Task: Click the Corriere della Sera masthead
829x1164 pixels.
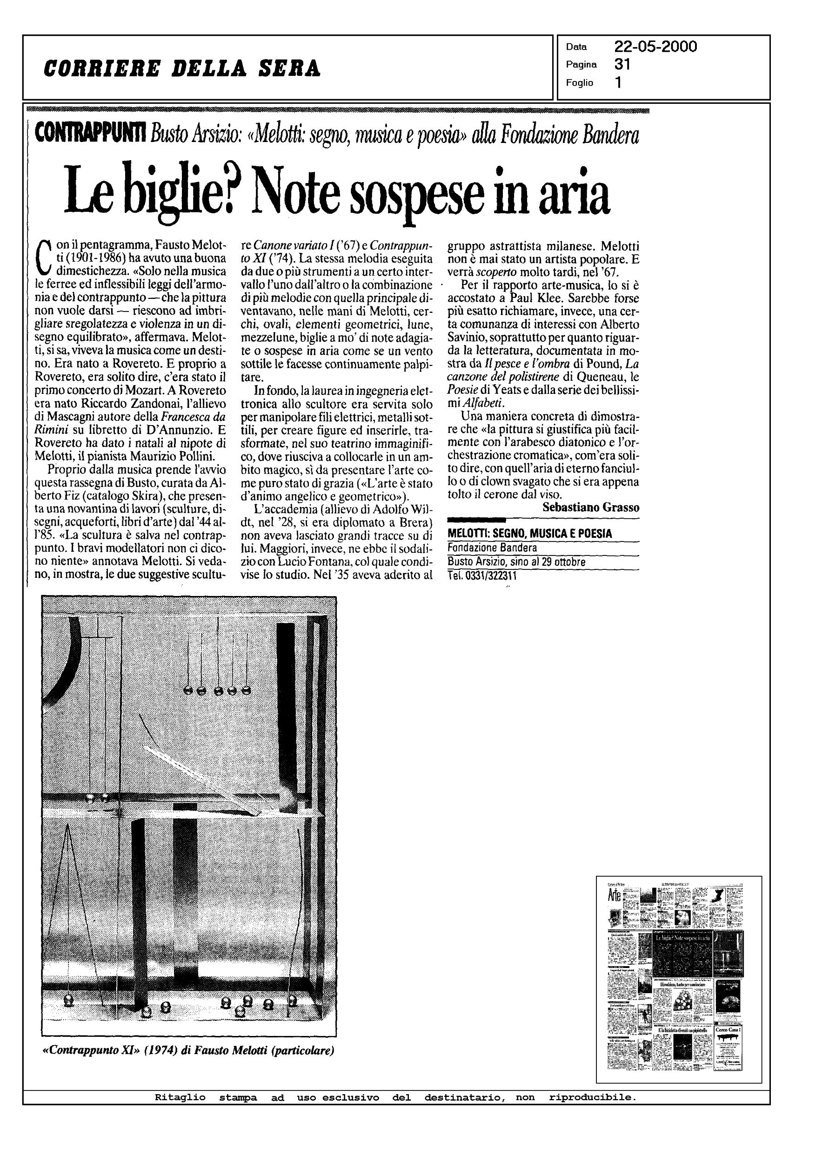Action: [x=182, y=68]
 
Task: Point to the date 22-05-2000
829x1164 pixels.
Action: [x=655, y=47]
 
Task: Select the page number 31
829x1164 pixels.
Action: [x=622, y=64]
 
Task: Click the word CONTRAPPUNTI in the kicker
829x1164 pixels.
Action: [x=90, y=133]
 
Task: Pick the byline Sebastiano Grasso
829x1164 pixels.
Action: [x=591, y=507]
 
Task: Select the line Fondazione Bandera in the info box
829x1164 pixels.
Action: [x=492, y=548]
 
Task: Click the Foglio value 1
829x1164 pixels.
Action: [x=618, y=82]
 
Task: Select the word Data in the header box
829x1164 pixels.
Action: [x=576, y=47]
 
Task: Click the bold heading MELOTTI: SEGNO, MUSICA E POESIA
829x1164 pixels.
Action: [x=529, y=534]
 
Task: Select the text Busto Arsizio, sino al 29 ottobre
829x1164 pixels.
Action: [x=516, y=562]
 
